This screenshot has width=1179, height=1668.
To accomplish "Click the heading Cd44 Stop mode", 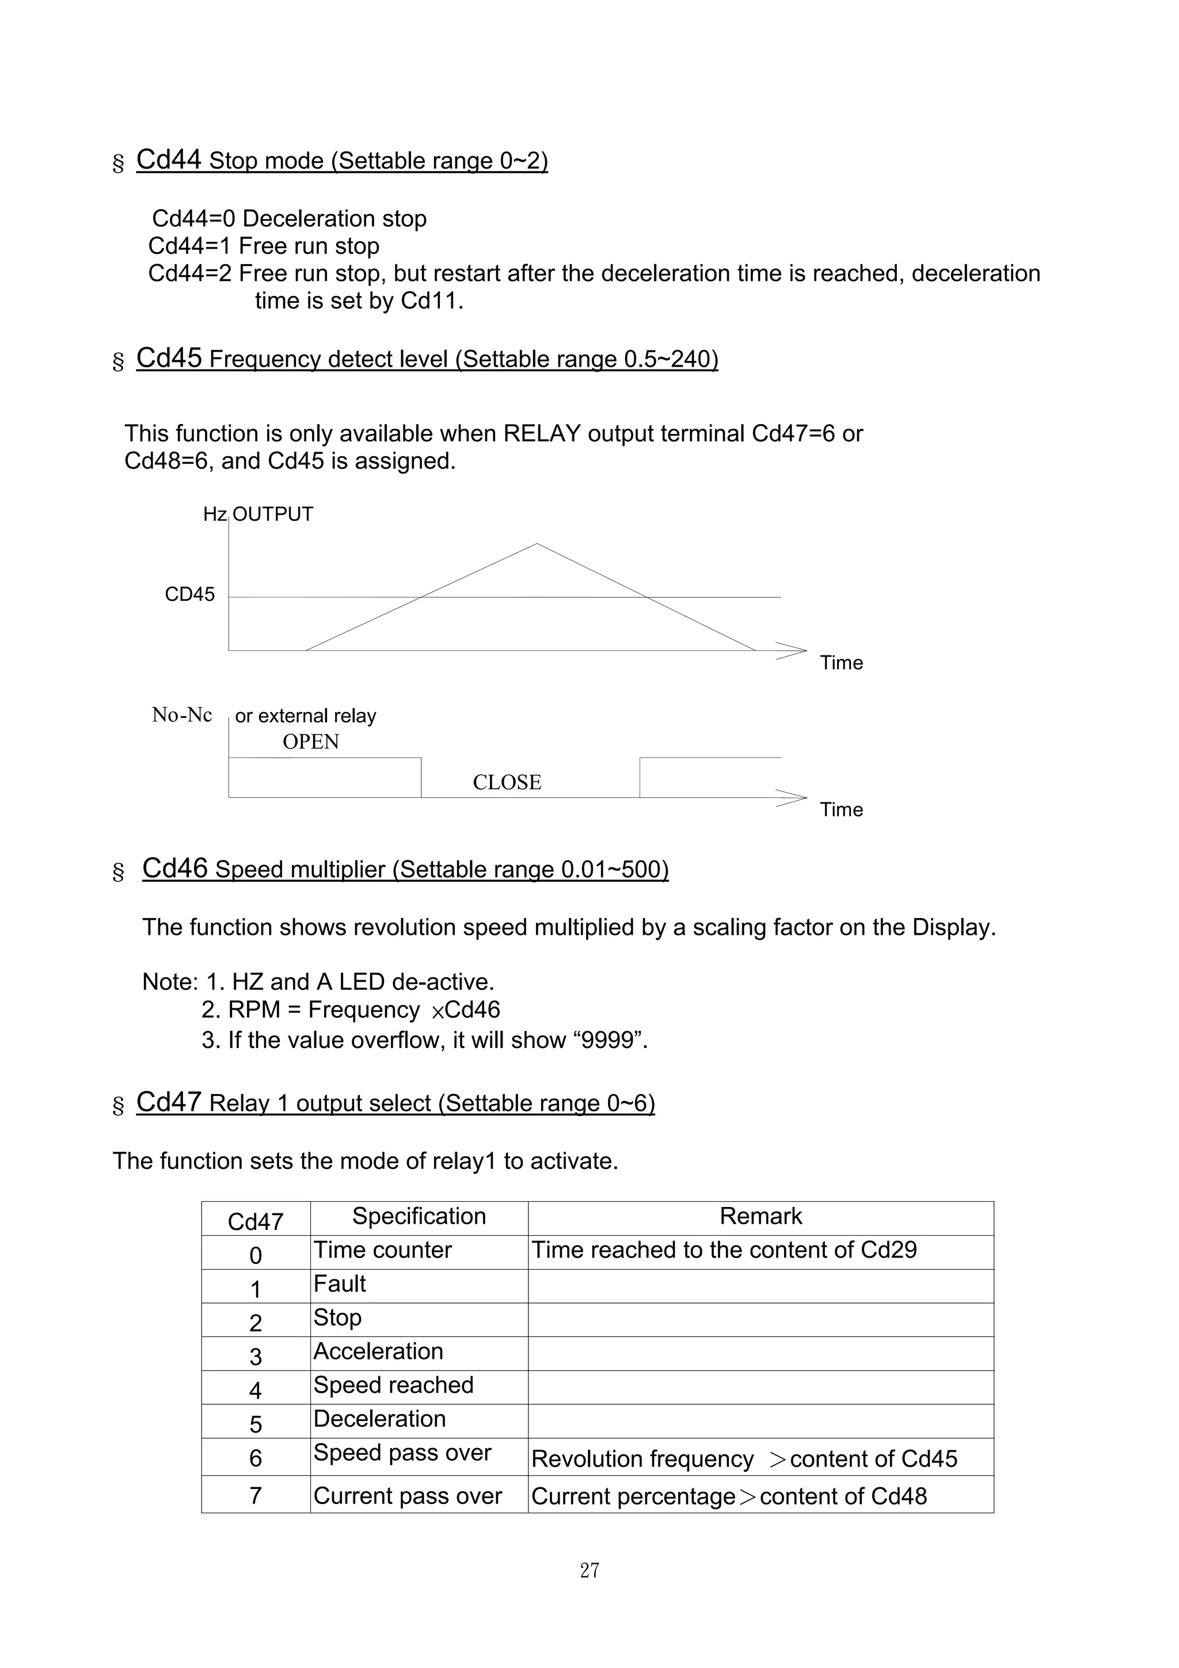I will (x=341, y=161).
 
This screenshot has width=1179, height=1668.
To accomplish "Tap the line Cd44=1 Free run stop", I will (x=264, y=246).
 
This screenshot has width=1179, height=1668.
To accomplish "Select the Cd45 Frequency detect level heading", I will (x=427, y=359).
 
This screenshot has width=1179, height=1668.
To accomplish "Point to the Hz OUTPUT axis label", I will (x=258, y=515).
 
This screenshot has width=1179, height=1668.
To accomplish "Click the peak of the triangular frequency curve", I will (x=537, y=544).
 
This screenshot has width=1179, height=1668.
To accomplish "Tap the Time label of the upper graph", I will (x=841, y=662).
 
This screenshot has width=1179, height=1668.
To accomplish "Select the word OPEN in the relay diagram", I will (x=311, y=742).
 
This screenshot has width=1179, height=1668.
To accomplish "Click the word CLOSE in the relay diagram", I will (x=507, y=782).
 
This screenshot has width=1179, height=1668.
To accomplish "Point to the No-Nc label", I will (x=181, y=715).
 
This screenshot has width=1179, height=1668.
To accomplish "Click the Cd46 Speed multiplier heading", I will (x=405, y=869).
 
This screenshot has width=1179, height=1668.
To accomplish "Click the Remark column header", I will (x=760, y=1216).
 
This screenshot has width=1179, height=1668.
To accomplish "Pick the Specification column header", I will (x=419, y=1216).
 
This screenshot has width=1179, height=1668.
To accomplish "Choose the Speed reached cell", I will (x=393, y=1385).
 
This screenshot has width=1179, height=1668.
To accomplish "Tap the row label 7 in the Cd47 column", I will (x=256, y=1496).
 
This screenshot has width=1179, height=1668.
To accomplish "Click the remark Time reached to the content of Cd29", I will (x=724, y=1250).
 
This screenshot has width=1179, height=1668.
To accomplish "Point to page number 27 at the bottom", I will (x=589, y=1571).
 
